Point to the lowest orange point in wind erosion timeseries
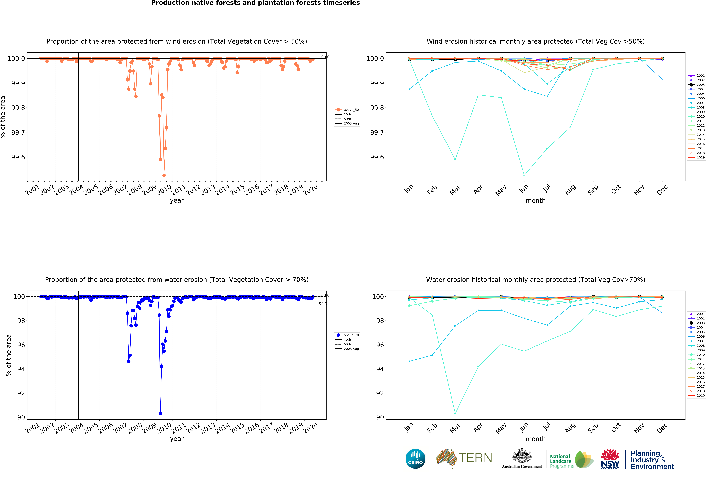pos(164,175)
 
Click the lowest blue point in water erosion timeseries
pos(160,414)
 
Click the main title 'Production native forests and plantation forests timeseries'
pos(255,3)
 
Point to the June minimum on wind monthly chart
pos(524,175)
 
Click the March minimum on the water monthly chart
pos(455,413)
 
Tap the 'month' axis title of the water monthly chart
pos(536,439)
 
